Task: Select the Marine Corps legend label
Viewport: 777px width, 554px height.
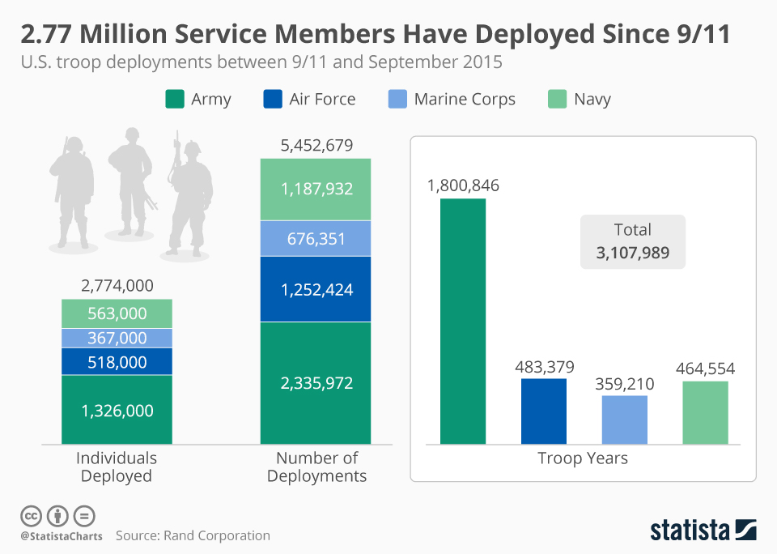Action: (465, 100)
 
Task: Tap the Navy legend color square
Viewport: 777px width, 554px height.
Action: (556, 100)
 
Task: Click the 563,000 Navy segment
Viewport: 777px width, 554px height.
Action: (117, 313)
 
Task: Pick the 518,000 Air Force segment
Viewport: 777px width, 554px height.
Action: (117, 362)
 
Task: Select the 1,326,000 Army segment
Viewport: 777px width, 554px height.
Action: (117, 410)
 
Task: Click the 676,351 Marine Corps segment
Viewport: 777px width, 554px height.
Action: (316, 239)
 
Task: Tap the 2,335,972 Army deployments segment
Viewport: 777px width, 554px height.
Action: (316, 382)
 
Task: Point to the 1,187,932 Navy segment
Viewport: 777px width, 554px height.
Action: (316, 190)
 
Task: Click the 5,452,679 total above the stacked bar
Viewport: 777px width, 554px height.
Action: (316, 146)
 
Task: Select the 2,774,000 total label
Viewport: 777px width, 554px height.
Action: (117, 285)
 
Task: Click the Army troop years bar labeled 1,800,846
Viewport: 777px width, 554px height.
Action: (463, 321)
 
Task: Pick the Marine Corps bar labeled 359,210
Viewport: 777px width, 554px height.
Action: (625, 420)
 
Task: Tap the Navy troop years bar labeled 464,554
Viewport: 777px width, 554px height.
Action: (705, 412)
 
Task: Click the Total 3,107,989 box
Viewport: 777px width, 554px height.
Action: (633, 241)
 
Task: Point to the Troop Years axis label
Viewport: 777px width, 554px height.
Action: (583, 458)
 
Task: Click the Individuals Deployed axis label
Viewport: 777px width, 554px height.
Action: (117, 467)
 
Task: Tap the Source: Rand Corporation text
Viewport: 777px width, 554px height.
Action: (193, 535)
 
